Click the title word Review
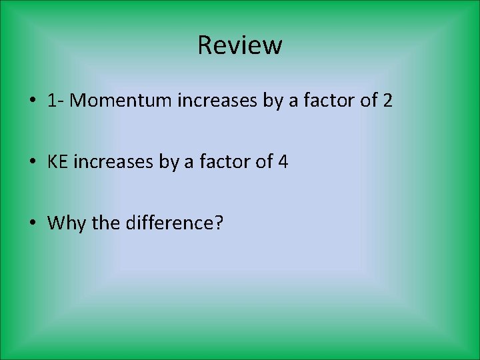tap(240, 45)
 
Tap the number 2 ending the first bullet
tap(387, 101)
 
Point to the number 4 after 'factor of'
tap(283, 161)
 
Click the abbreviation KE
tap(58, 161)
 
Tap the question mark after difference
tap(219, 222)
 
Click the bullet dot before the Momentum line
tap(32, 101)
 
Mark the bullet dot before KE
tap(32, 162)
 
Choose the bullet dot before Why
tap(32, 223)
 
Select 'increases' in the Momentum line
tap(210, 101)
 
